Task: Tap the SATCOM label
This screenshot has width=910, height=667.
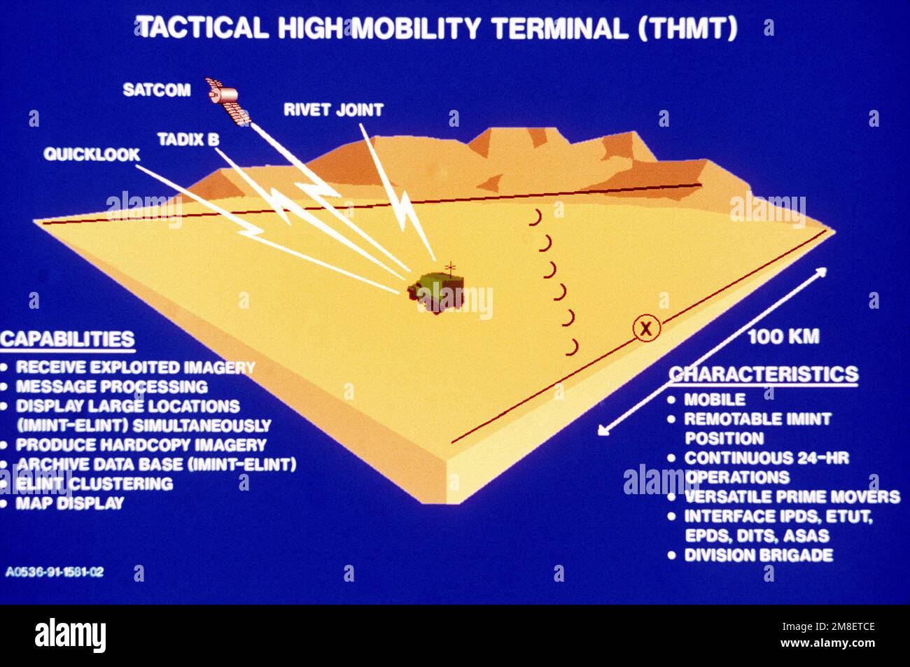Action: click(x=157, y=90)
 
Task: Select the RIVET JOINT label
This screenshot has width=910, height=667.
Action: click(x=333, y=110)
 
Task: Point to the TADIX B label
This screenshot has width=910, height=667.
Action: click(x=188, y=140)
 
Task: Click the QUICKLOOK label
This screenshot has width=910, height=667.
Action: click(x=92, y=154)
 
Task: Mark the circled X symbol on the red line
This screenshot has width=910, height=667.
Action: click(x=645, y=327)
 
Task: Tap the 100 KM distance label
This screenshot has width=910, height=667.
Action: click(x=783, y=337)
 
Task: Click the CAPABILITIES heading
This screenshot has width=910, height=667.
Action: click(x=67, y=339)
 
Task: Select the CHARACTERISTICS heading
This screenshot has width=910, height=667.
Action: click(x=764, y=374)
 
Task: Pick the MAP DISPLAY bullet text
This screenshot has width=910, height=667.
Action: click(x=70, y=503)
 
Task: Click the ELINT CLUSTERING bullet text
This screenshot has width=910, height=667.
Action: click(x=94, y=484)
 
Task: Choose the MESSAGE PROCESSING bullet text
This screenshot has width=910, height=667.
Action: click(x=112, y=386)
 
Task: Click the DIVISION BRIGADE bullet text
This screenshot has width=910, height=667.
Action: click(x=758, y=555)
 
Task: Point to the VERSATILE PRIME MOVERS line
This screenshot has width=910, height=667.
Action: click(x=791, y=497)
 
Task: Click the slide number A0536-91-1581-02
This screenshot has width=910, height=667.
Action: click(x=55, y=572)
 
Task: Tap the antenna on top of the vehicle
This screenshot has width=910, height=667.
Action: click(x=451, y=267)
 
